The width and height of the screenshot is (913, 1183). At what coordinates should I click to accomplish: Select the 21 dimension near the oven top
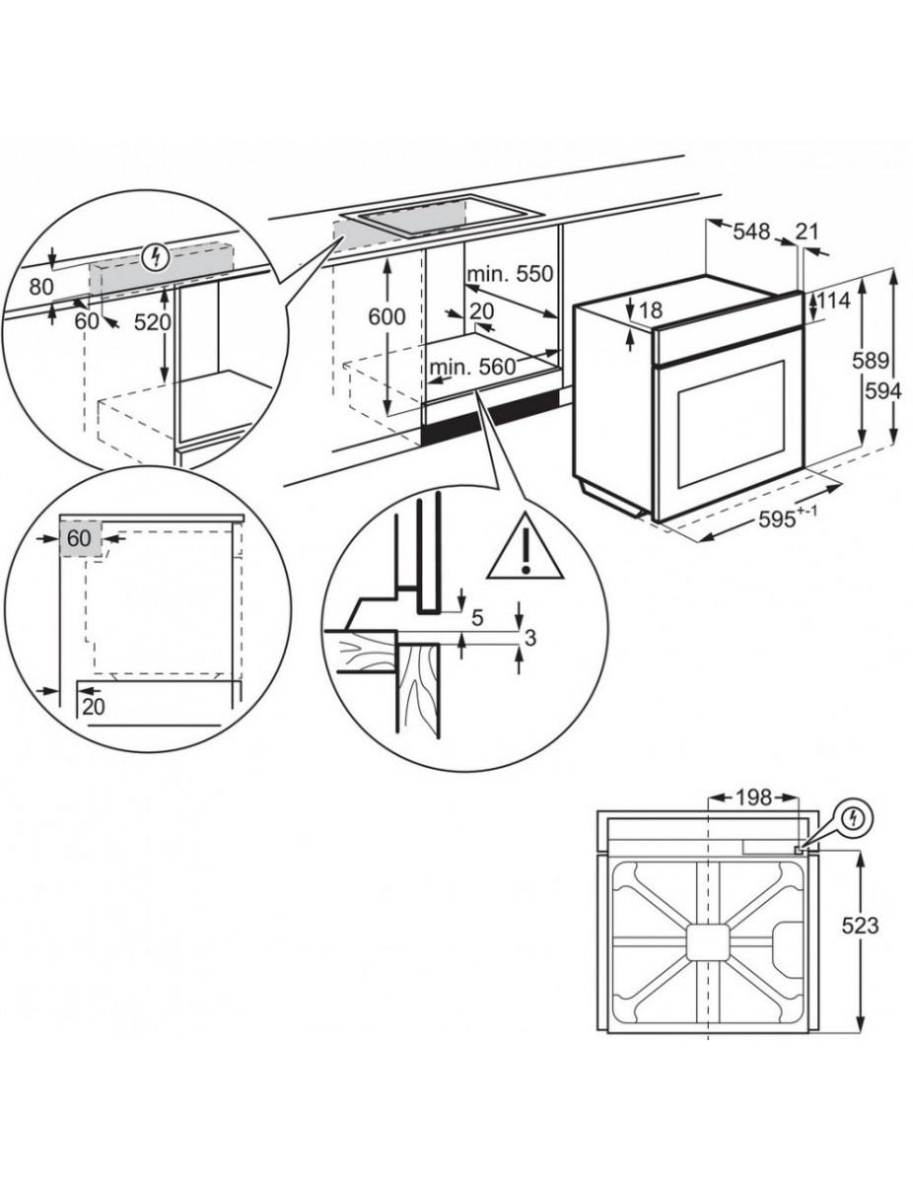[x=808, y=232]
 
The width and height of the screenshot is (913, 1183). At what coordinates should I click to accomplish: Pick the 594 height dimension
[x=883, y=390]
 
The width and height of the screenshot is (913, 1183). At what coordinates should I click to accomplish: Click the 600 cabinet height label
[x=386, y=316]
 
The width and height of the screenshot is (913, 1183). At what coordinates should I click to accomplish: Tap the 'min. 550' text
[x=511, y=274]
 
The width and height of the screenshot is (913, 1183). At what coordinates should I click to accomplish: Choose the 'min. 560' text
[x=472, y=367]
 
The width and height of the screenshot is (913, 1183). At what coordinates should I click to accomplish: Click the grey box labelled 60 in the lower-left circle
[x=80, y=538]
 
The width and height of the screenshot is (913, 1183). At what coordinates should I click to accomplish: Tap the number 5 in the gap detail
[x=477, y=618]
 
